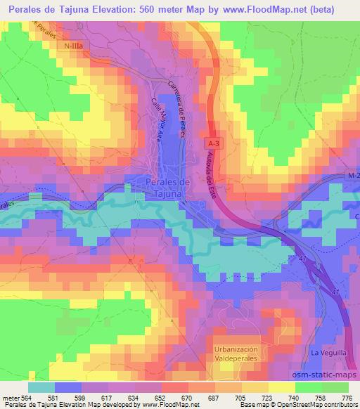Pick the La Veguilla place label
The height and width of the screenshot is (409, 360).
click(x=326, y=351)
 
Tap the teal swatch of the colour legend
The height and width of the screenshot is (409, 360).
click(x=41, y=387)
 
